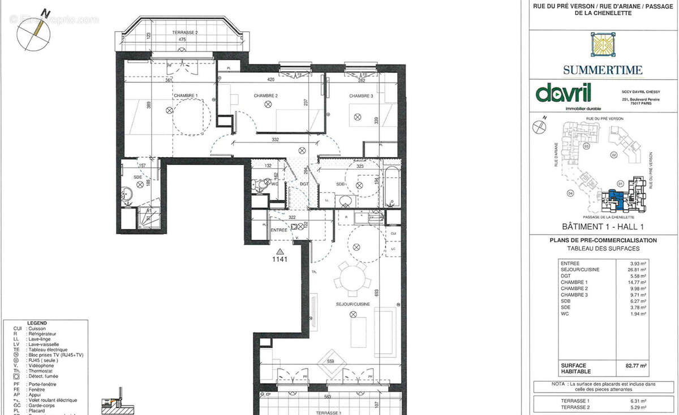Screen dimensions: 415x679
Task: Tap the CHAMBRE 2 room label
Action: (265, 96)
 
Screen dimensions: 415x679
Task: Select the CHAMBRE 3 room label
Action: (361, 96)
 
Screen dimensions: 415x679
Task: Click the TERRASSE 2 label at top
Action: (185, 33)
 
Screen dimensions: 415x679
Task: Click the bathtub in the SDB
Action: (392, 185)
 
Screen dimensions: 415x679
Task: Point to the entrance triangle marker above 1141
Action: (280, 250)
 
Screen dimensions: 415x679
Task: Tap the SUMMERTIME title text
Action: (603, 70)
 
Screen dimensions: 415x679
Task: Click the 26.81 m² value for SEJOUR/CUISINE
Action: (639, 270)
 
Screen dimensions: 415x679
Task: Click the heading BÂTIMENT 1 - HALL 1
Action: (602, 227)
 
